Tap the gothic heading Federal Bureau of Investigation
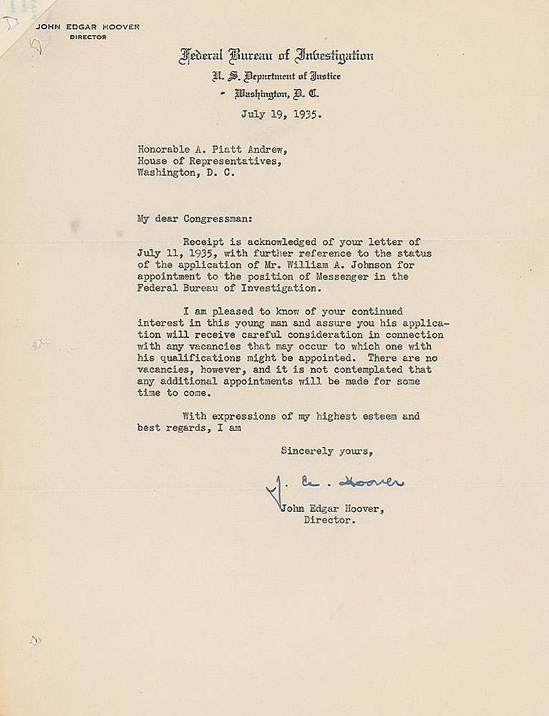(276, 56)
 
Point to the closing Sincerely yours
(326, 451)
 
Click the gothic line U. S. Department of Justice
(276, 77)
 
